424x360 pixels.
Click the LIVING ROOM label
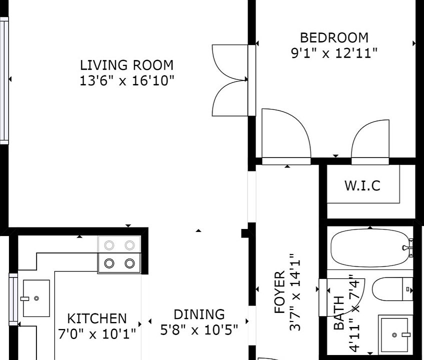pyautogui.click(x=126, y=65)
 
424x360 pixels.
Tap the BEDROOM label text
pyautogui.click(x=334, y=37)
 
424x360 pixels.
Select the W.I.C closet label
pyautogui.click(x=362, y=185)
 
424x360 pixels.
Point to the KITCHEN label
pyautogui.click(x=97, y=318)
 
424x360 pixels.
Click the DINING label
pyautogui.click(x=199, y=314)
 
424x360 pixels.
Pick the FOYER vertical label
pyautogui.click(x=279, y=292)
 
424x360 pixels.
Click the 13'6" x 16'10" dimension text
pyautogui.click(x=126, y=80)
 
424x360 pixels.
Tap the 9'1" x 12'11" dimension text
pyautogui.click(x=334, y=53)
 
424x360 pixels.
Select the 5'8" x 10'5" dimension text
pyautogui.click(x=199, y=329)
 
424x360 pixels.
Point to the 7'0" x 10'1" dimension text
pyautogui.click(x=97, y=334)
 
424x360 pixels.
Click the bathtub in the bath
pyautogui.click(x=370, y=248)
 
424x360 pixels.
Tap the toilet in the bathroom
pyautogui.click(x=392, y=289)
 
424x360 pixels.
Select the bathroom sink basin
pyautogui.click(x=395, y=334)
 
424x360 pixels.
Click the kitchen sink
pyautogui.click(x=36, y=298)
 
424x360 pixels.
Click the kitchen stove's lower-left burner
pyautogui.click(x=109, y=263)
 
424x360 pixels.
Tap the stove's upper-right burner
pyautogui.click(x=129, y=245)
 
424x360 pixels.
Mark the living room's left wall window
pyautogui.click(x=4, y=80)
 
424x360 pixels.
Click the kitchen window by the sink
pyautogui.click(x=13, y=299)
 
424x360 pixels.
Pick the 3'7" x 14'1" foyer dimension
pyautogui.click(x=294, y=292)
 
